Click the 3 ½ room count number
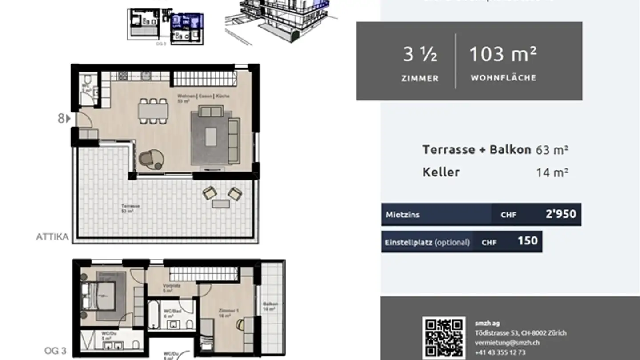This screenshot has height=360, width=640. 420,55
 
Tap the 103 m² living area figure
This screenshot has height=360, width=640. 503,54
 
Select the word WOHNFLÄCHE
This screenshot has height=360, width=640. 504,78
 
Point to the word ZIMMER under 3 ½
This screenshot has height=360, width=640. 420,79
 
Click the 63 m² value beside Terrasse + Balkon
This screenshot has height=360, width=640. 552,150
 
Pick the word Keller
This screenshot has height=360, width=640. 441,172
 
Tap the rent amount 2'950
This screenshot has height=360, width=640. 560,214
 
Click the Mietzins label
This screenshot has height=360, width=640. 402,215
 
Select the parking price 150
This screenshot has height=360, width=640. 528,241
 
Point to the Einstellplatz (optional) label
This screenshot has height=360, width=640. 427,242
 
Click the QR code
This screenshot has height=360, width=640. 444,338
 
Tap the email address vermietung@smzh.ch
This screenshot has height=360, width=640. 507,342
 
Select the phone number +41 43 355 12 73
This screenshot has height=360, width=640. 500,352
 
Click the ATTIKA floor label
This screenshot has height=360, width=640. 52,237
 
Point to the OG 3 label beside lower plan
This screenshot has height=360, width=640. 55,351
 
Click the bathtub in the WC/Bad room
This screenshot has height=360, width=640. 154,315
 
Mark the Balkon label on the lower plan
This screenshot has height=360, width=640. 270,306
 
